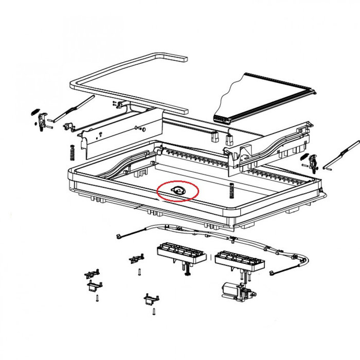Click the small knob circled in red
pos(176,191)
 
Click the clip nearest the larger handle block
pos(136,258)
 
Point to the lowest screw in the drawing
pos(153,311)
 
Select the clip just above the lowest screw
pos(151,298)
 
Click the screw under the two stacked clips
pos(96,297)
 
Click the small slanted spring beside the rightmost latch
pos(305,157)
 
